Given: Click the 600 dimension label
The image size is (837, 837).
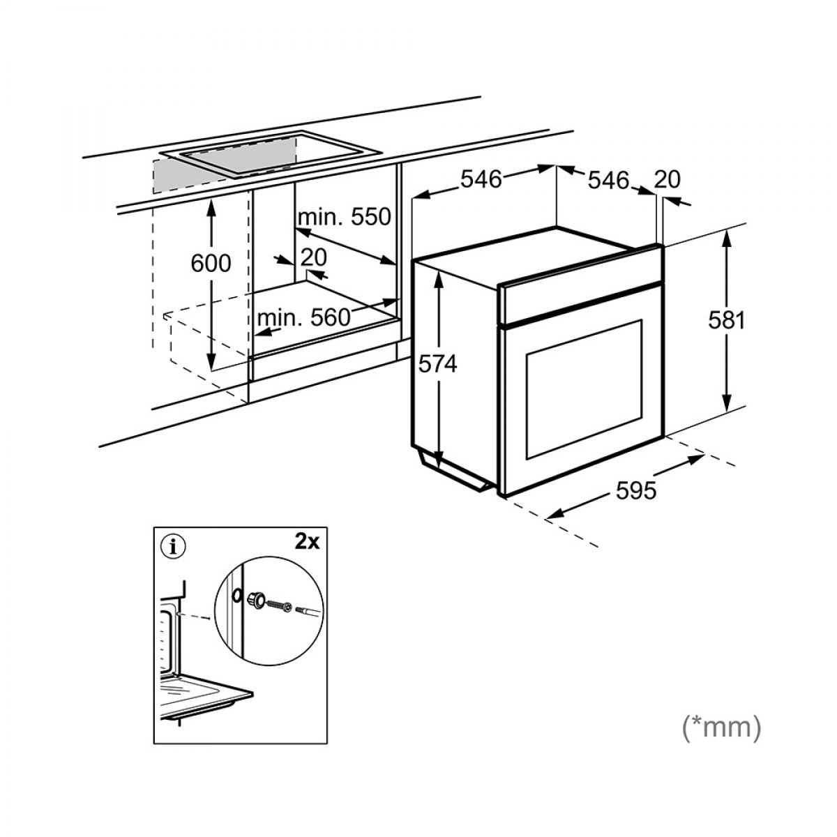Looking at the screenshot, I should pyautogui.click(x=210, y=263).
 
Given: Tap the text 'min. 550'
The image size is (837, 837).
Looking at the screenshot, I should pyautogui.click(x=344, y=217).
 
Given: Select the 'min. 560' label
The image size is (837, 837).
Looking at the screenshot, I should pyautogui.click(x=303, y=318).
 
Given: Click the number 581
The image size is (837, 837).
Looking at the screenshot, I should pyautogui.click(x=727, y=320).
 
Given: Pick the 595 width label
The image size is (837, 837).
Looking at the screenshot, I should pyautogui.click(x=636, y=491).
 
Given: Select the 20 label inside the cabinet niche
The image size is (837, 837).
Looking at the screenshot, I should pyautogui.click(x=314, y=257).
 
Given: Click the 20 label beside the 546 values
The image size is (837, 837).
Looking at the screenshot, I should pyautogui.click(x=667, y=180).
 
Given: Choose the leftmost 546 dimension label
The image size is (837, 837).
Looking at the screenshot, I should pyautogui.click(x=481, y=179).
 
